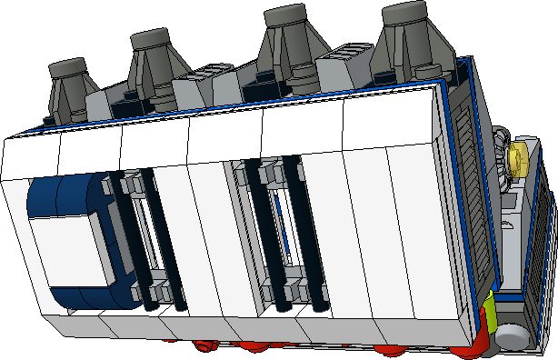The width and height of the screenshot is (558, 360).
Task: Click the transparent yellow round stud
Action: (521, 157)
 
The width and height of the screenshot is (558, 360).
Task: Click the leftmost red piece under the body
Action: (204, 345)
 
